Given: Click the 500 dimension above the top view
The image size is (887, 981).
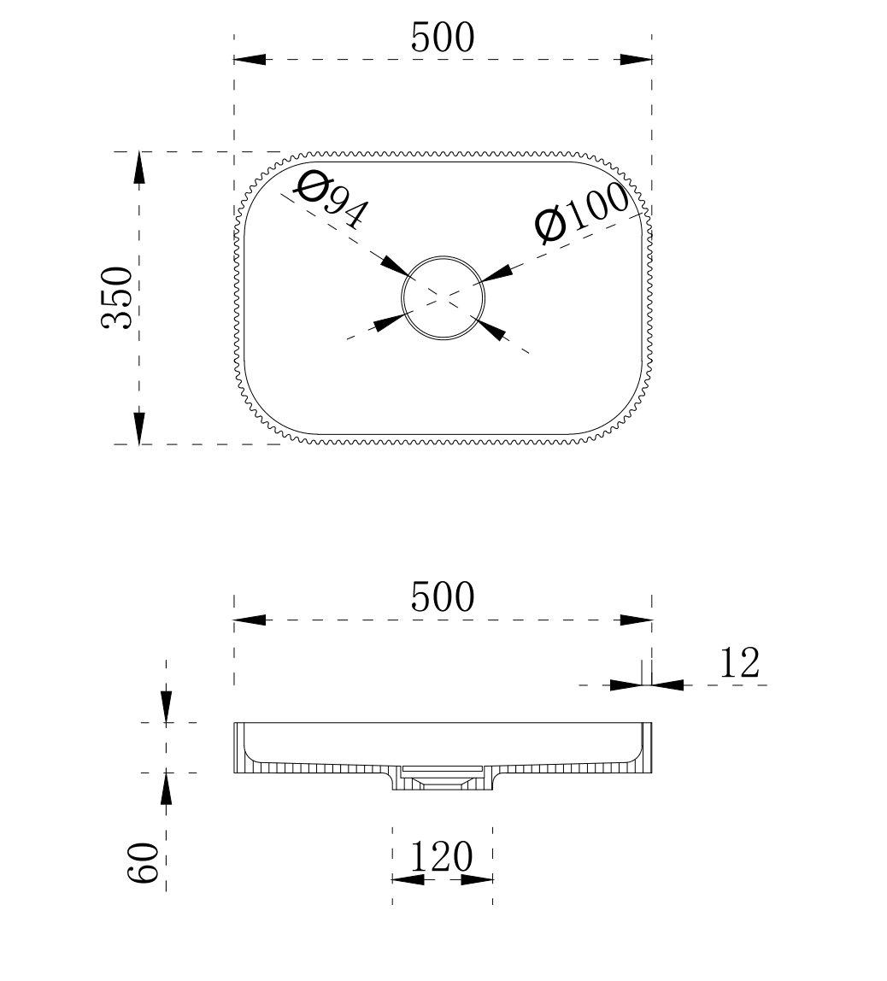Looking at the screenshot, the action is coord(443,38).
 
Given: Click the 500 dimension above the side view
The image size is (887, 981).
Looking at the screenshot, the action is coord(443,596).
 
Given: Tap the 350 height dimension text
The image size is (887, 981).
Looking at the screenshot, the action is coord(117,297).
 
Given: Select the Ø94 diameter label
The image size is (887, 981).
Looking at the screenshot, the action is coord(332,200).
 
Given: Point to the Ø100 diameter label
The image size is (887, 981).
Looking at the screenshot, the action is coord(582,213).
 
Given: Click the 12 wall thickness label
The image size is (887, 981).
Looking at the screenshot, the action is coord(740,663).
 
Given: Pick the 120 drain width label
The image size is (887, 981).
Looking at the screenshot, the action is coord(441,856).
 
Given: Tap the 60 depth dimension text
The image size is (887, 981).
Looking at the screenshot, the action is coord(144,862).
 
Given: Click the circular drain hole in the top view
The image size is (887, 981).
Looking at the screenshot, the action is coord(443,256).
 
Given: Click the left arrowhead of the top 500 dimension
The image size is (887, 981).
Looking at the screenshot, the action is coord(249,60).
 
